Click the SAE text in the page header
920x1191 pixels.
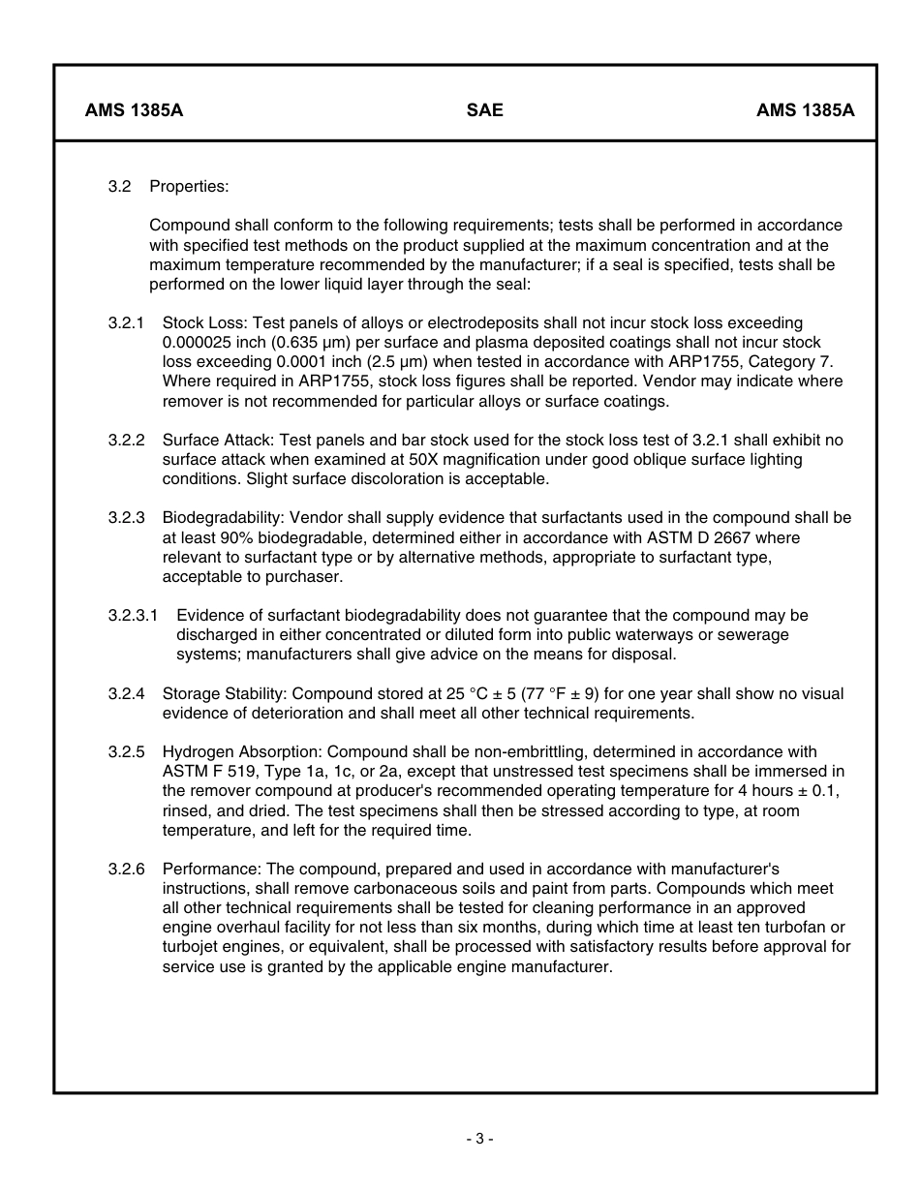pos(484,110)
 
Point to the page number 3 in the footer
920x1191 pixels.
pos(478,1139)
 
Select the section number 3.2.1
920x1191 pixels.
pos(126,322)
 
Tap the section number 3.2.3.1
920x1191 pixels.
pos(133,615)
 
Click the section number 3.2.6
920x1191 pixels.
pos(126,869)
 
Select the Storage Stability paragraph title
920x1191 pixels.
pos(225,693)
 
